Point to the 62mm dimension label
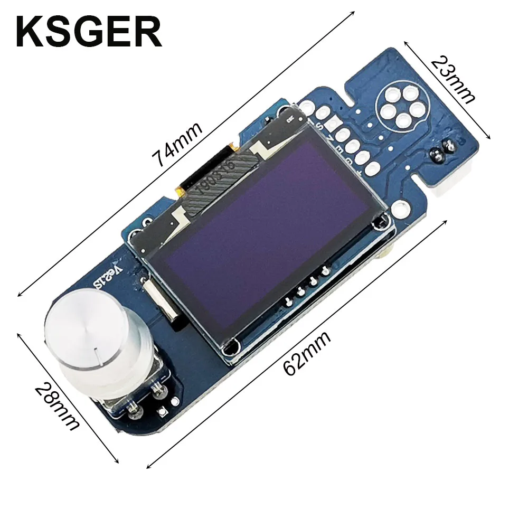coord(307,352)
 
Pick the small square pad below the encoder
coord(161,410)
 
